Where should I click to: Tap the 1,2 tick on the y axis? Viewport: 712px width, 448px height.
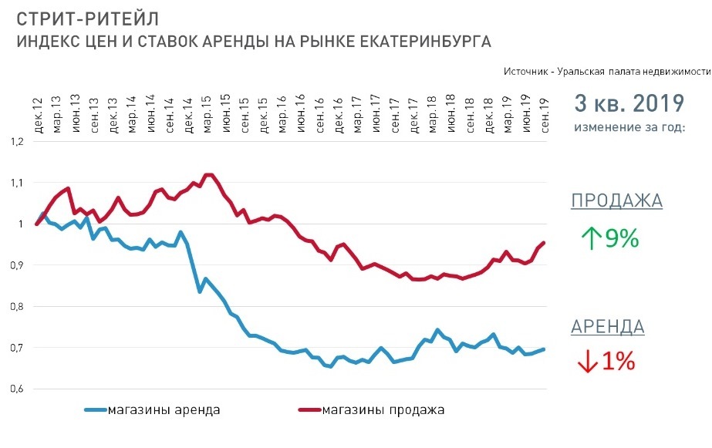[x=17, y=142]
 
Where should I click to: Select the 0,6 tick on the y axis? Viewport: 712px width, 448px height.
[x=17, y=389]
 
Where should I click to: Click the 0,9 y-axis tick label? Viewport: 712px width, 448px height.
[x=17, y=265]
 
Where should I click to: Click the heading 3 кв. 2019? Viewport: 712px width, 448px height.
[x=629, y=103]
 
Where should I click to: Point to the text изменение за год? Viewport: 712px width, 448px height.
[x=629, y=126]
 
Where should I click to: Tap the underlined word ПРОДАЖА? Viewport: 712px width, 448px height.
[x=616, y=201]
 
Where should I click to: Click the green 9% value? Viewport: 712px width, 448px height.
[x=621, y=238]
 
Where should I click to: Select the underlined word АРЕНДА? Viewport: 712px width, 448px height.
[x=608, y=327]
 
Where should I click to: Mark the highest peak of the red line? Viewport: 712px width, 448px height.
[x=208, y=174]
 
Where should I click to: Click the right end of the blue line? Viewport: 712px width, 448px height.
[x=545, y=349]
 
